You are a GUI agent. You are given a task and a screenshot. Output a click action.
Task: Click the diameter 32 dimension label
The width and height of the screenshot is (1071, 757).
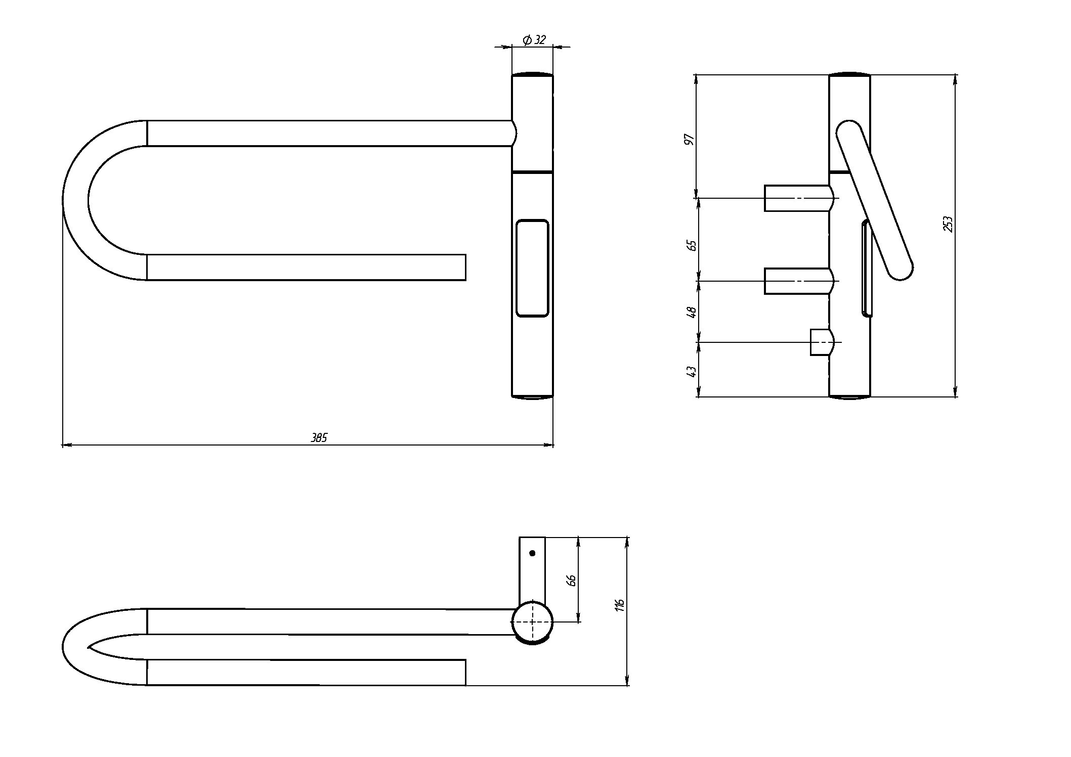tap(534, 39)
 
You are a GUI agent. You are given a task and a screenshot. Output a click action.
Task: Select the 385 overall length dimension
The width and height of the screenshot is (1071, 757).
tap(319, 438)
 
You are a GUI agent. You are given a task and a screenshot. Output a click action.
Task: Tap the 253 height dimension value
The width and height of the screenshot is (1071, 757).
tap(948, 224)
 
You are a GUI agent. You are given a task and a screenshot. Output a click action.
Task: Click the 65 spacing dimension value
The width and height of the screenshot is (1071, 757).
tap(692, 245)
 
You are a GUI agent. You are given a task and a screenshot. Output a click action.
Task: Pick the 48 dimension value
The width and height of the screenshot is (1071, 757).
tap(691, 312)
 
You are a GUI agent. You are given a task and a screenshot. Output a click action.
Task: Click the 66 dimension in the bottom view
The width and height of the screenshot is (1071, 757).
tap(571, 580)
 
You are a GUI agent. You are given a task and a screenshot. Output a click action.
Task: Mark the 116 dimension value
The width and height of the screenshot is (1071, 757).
tap(620, 605)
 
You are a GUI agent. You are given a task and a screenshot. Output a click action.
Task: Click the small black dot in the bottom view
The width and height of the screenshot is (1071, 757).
tap(532, 553)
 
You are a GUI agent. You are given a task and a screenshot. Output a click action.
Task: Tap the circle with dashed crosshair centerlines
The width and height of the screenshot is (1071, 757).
tap(532, 622)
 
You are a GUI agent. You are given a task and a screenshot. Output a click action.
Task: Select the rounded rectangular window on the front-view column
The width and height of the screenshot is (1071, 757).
tap(532, 268)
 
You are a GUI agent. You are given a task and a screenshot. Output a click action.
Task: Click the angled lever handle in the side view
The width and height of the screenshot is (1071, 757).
tap(874, 200)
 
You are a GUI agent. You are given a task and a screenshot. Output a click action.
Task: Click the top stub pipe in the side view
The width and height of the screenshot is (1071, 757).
tap(797, 198)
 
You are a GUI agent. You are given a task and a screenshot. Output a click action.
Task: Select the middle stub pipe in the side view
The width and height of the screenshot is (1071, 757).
tap(797, 281)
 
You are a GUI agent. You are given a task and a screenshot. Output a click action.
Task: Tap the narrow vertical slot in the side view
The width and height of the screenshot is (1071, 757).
tap(866, 268)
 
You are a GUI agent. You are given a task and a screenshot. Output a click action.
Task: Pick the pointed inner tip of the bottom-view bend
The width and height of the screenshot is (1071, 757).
tap(90, 647)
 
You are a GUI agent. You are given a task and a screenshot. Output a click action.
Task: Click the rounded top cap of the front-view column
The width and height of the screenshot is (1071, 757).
tap(532, 74)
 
